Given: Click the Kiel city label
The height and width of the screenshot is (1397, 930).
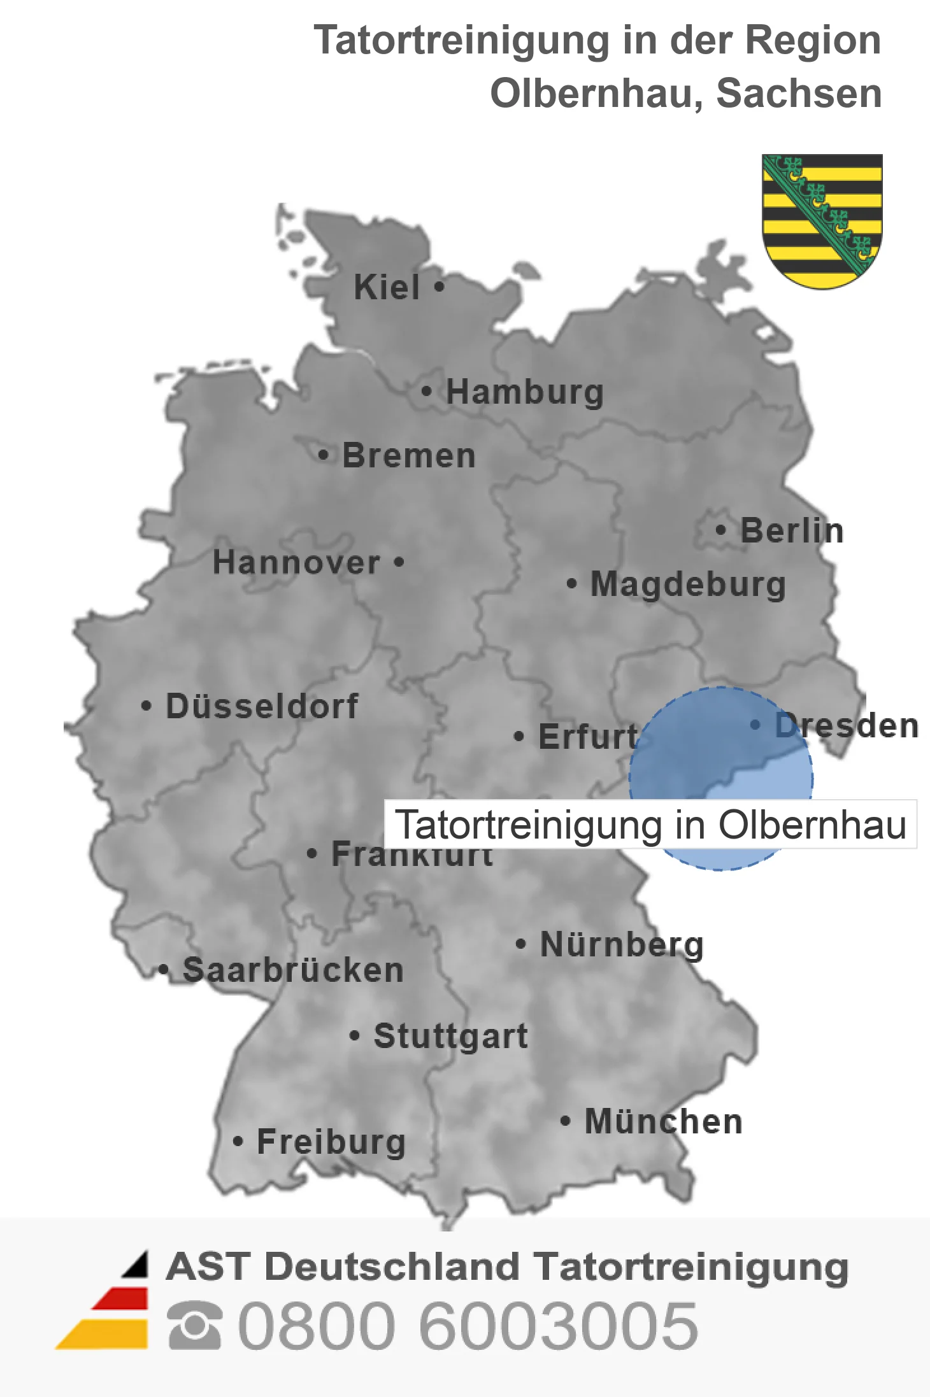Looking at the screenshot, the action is [x=387, y=287].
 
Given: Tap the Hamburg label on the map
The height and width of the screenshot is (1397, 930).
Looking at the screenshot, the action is [x=524, y=392].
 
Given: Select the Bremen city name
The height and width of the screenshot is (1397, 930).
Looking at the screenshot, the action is [x=409, y=456].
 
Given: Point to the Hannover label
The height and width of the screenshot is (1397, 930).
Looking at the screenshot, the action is [x=296, y=562].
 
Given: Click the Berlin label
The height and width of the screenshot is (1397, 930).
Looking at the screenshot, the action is [x=792, y=530].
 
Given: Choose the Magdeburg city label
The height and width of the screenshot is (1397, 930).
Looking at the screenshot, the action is [x=688, y=584].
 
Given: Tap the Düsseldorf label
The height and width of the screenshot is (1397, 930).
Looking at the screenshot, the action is [x=262, y=706].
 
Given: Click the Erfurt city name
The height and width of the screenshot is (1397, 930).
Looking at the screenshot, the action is [x=587, y=737].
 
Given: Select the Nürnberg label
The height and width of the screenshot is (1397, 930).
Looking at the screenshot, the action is [x=622, y=944].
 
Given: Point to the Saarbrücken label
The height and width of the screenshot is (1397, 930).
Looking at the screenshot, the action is [x=293, y=970].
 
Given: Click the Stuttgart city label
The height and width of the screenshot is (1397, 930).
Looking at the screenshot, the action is [x=450, y=1036].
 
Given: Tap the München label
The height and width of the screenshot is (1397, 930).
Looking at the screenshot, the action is [x=664, y=1121].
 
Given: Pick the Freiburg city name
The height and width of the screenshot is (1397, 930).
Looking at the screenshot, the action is [x=331, y=1142].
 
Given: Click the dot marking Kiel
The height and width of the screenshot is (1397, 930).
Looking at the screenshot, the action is [x=439, y=287].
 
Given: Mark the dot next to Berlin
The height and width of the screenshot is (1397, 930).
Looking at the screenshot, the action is [x=720, y=530].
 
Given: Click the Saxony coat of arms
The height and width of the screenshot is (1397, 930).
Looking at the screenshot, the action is [x=822, y=220].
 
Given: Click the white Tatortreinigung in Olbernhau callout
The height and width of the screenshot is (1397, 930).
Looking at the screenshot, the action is [x=650, y=825].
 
